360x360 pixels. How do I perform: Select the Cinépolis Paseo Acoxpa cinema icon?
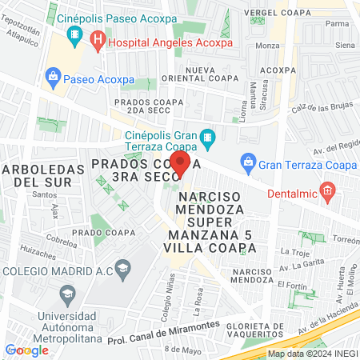pos(75,34)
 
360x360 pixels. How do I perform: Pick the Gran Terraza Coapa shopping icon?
pos(248,163)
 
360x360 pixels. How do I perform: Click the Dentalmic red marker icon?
pos(326,190)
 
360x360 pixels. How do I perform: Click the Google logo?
pos(27,350)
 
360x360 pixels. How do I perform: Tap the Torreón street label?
pos(346,239)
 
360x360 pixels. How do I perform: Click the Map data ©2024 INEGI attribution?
pos(312,354)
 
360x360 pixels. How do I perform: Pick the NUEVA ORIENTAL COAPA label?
pos(212,74)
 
